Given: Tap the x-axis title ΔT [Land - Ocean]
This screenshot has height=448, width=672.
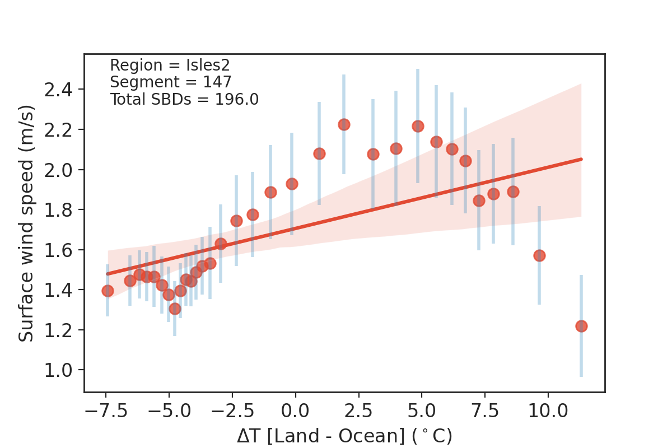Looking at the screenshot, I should click(344, 436).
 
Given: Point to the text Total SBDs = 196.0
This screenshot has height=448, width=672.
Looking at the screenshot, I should click(184, 99).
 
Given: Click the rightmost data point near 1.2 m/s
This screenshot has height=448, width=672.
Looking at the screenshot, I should click(581, 326).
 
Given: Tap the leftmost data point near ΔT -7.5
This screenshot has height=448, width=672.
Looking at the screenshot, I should click(108, 291).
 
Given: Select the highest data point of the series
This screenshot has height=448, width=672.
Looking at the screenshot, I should click(344, 124).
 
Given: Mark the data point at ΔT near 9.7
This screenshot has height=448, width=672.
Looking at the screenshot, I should click(539, 255).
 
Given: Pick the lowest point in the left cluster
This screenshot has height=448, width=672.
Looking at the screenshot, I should click(175, 309).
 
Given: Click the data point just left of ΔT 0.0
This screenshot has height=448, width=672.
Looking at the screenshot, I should click(292, 184).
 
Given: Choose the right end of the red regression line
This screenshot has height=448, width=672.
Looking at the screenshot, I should click(581, 159).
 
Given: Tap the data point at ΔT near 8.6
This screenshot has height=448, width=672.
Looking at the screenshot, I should click(513, 192).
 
